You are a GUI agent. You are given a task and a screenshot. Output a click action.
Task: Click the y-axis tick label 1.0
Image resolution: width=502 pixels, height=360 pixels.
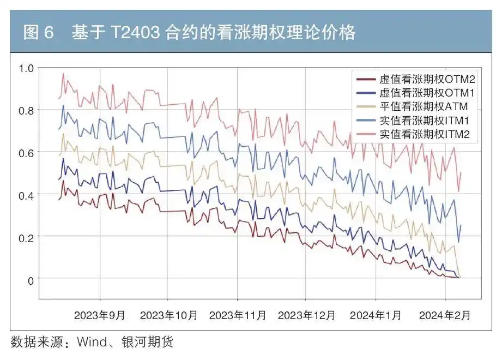click(26, 69)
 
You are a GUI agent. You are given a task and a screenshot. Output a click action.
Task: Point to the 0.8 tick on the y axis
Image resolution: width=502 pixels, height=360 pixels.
click(26, 111)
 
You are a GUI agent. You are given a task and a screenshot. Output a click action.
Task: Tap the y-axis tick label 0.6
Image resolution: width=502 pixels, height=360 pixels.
click(26, 153)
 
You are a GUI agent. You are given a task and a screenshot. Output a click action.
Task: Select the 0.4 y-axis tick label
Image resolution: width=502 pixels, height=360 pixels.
click(26, 195)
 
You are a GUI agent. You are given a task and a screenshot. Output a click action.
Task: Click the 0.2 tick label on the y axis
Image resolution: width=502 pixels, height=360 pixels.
click(26, 238)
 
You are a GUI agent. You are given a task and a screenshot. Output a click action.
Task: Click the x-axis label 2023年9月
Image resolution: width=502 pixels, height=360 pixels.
click(100, 315)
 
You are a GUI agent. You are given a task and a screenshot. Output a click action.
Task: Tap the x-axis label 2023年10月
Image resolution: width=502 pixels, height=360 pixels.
click(168, 315)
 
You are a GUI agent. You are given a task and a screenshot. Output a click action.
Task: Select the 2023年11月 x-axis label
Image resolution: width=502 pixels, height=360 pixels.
click(238, 315)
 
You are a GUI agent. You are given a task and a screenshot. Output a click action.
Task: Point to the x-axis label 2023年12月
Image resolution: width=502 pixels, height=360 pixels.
click(306, 315)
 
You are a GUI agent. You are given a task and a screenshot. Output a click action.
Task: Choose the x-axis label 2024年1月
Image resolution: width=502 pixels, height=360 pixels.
click(376, 315)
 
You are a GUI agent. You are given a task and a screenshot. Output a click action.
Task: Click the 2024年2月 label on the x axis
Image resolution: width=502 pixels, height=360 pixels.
click(445, 315)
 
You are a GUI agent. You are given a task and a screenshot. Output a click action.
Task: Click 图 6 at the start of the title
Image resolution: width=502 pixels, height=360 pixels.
click(39, 33)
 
